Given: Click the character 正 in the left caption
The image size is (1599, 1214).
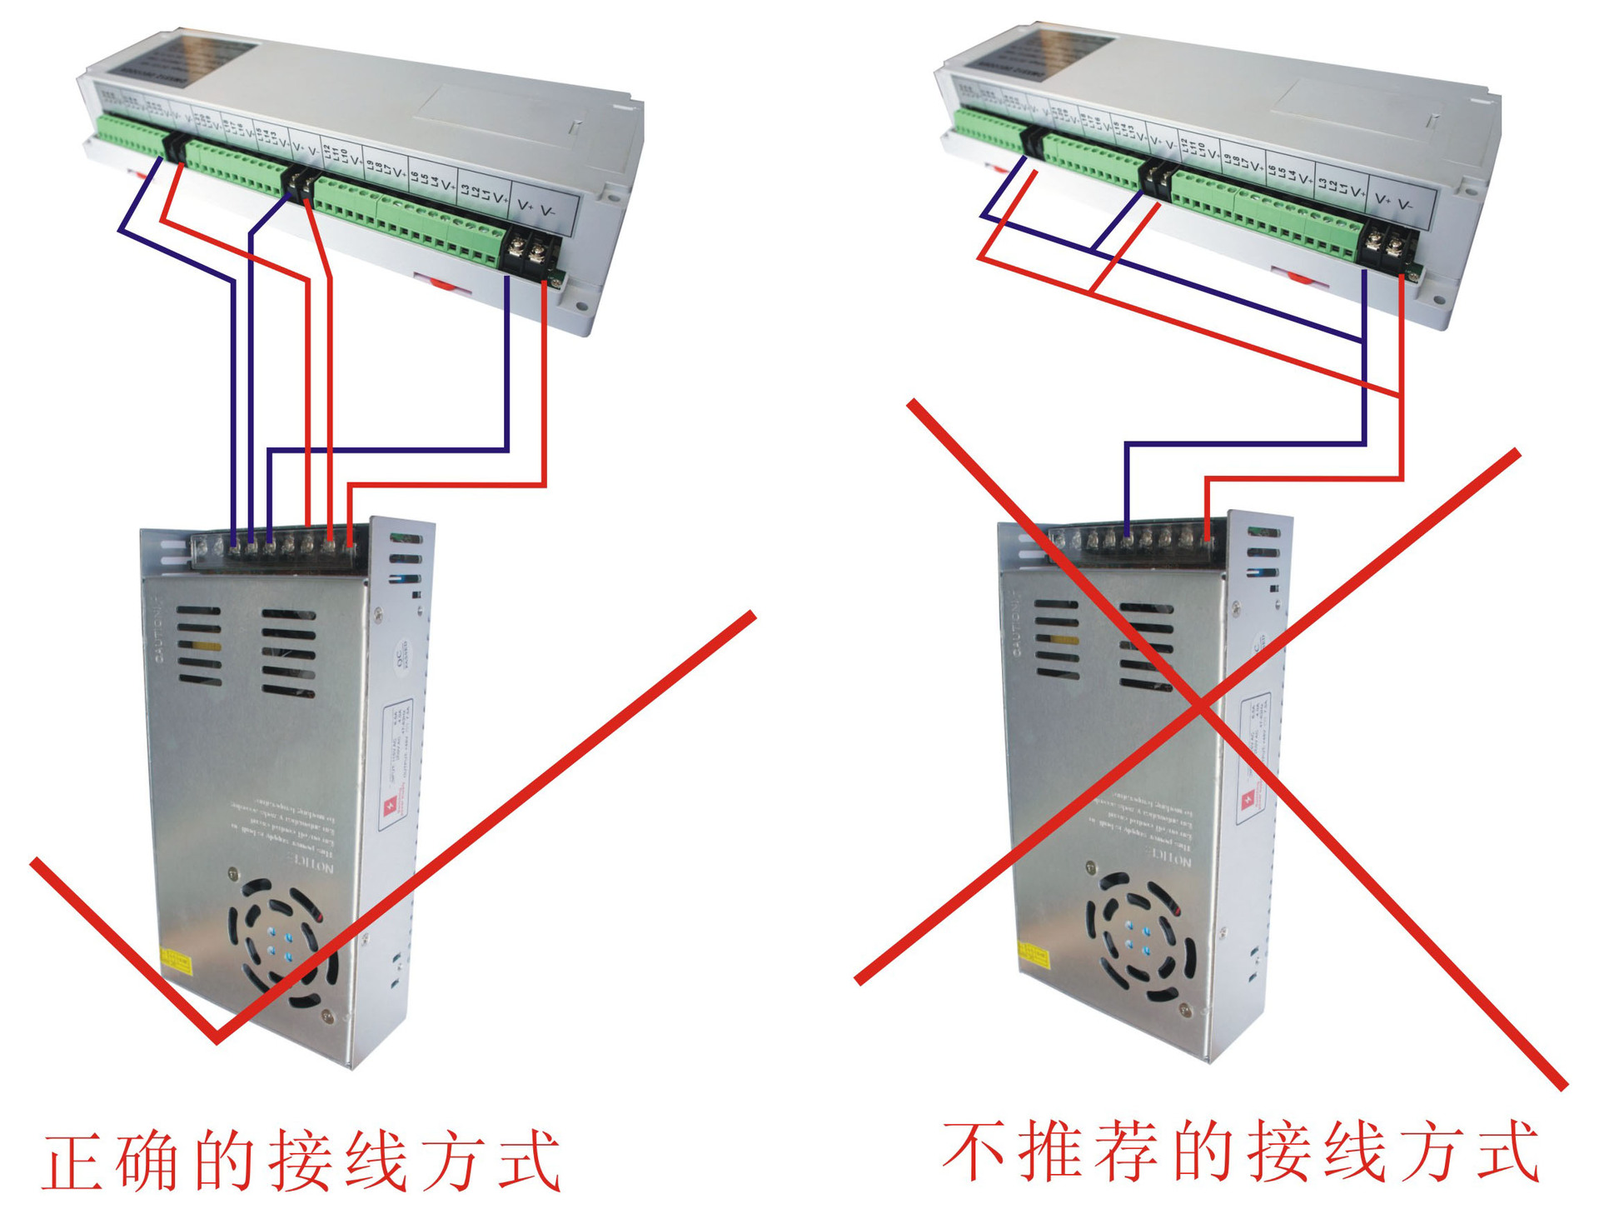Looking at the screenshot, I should click(73, 1163).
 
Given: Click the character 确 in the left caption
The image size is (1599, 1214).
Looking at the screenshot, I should click(147, 1163).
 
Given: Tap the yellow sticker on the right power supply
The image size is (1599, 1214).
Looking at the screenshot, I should click(1034, 956).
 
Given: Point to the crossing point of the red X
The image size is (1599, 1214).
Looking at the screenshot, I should click(1200, 707).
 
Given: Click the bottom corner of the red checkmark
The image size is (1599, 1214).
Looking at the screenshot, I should click(217, 1038).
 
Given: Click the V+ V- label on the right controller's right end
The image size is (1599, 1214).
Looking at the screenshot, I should click(1393, 201).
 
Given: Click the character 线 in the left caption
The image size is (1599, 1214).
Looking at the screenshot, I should click(376, 1163).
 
